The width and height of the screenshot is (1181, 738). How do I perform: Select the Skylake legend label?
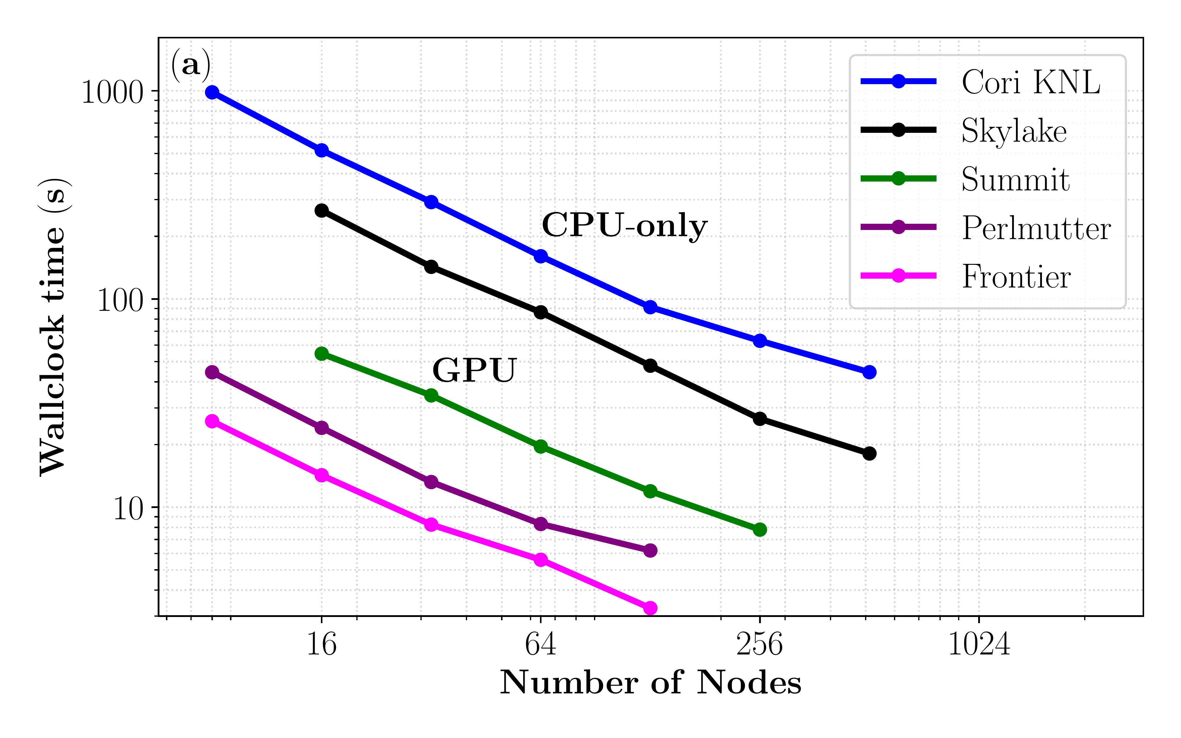[x=1014, y=131]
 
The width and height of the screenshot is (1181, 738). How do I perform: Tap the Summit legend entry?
[x=1015, y=179]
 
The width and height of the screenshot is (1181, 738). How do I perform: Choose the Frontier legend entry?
[x=1016, y=277]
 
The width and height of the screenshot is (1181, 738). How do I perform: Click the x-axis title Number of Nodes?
[x=650, y=683]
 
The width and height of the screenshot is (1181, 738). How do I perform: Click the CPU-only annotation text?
[x=625, y=226]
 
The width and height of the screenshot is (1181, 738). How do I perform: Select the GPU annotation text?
[x=474, y=370]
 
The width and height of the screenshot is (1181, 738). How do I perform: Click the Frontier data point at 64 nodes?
[x=540, y=559]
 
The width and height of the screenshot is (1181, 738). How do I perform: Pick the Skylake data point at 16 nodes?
[x=322, y=210]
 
